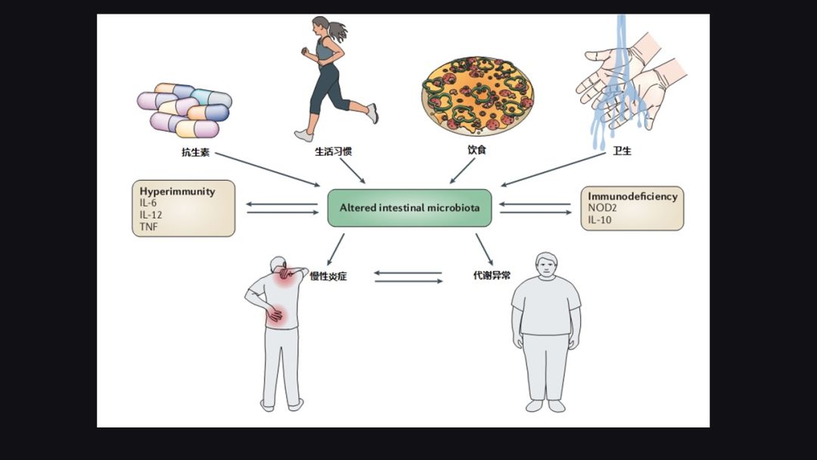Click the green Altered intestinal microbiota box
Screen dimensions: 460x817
(x=409, y=207)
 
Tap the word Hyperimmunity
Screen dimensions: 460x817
(x=177, y=191)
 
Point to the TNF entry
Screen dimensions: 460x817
(x=149, y=225)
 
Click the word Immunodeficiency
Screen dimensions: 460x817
(x=632, y=196)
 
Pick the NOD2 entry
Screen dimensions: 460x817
(x=603, y=207)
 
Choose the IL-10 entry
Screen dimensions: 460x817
(x=601, y=219)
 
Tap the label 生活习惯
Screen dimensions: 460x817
(x=333, y=151)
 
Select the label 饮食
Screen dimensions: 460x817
(x=477, y=150)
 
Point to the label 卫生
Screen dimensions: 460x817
(x=622, y=151)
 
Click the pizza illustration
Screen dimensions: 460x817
(x=477, y=95)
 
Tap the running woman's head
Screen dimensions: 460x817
(x=322, y=27)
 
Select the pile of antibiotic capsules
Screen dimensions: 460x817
(x=185, y=109)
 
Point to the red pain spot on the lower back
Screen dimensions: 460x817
(x=276, y=314)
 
